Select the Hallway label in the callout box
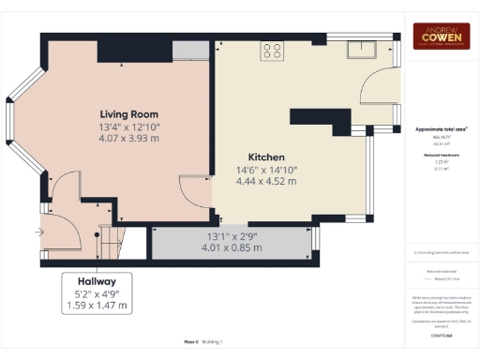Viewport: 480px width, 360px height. click(97, 280)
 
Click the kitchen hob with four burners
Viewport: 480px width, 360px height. click(272, 52)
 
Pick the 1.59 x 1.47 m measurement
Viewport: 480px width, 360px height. click(97, 306)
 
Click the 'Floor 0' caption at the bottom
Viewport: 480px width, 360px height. click(194, 343)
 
